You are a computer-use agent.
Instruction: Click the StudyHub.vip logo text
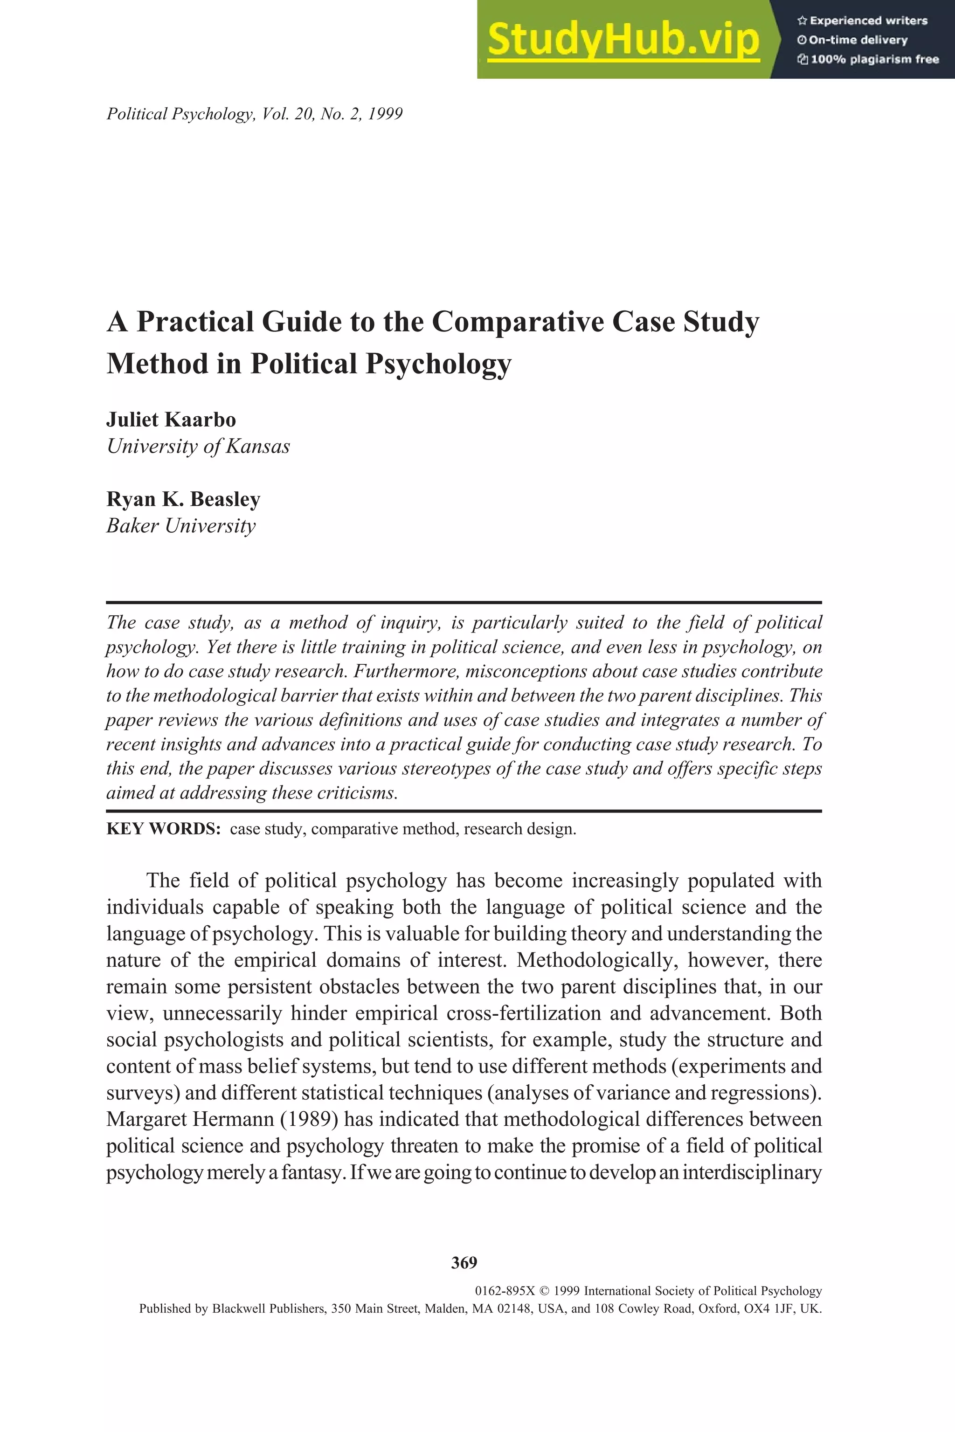[623, 40]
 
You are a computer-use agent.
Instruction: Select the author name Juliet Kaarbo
[171, 420]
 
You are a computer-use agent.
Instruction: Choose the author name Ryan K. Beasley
[183, 499]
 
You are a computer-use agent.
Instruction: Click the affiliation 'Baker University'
[181, 525]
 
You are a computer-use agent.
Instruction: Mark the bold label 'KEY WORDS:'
[163, 829]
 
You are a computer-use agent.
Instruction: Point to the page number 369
[464, 1262]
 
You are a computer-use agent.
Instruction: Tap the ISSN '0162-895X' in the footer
[505, 1291]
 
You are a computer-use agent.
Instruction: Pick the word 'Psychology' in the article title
[438, 364]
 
